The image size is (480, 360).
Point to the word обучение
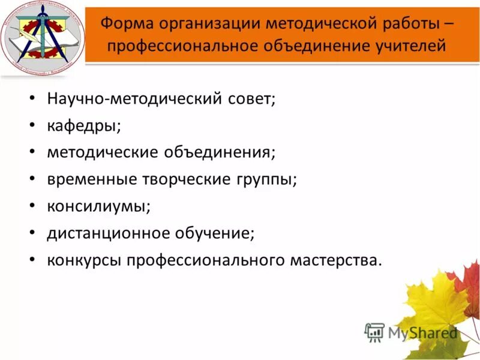tap(214, 233)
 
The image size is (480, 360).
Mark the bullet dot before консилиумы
tap(32, 206)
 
